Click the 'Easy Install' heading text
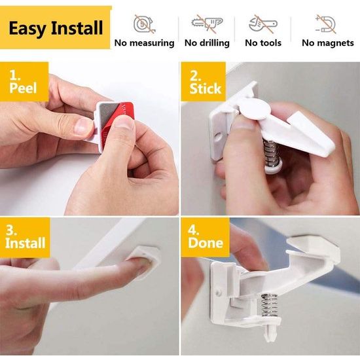tap(56, 28)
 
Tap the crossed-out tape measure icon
tap(144, 24)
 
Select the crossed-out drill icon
tap(207, 24)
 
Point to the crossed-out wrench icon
tap(263, 24)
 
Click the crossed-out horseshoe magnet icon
tap(326, 24)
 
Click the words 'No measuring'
tap(144, 43)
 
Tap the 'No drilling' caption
tap(207, 43)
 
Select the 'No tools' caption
tap(263, 43)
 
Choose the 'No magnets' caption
tap(328, 43)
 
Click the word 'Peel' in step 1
tap(23, 88)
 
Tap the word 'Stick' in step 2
tap(206, 89)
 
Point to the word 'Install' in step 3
tap(26, 243)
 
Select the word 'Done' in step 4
tap(206, 243)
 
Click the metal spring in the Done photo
tap(269, 305)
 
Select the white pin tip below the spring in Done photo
tap(271, 331)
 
